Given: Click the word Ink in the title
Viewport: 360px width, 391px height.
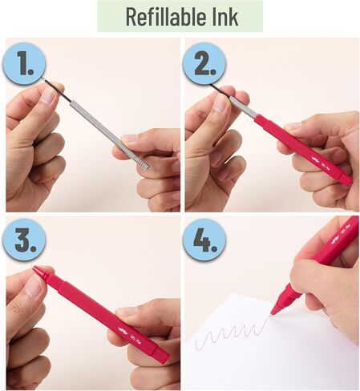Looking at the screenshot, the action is pyautogui.click(x=225, y=17).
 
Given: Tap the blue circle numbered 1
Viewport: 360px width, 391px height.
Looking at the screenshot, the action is pyautogui.click(x=24, y=64).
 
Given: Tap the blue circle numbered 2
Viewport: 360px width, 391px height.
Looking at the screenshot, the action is pyautogui.click(x=204, y=64).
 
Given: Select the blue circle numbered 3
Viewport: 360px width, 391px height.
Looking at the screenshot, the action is pyautogui.click(x=24, y=240).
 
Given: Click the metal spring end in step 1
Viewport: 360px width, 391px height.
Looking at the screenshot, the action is pyautogui.click(x=143, y=163).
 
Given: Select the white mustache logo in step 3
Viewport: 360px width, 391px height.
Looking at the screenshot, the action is pyautogui.click(x=123, y=329).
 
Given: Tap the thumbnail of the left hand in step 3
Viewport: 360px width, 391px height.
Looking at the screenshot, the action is pyautogui.click(x=34, y=288).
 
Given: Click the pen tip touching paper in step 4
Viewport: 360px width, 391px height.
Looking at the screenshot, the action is pyautogui.click(x=273, y=312).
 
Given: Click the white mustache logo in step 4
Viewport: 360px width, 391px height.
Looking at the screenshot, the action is pyautogui.click(x=336, y=240).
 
